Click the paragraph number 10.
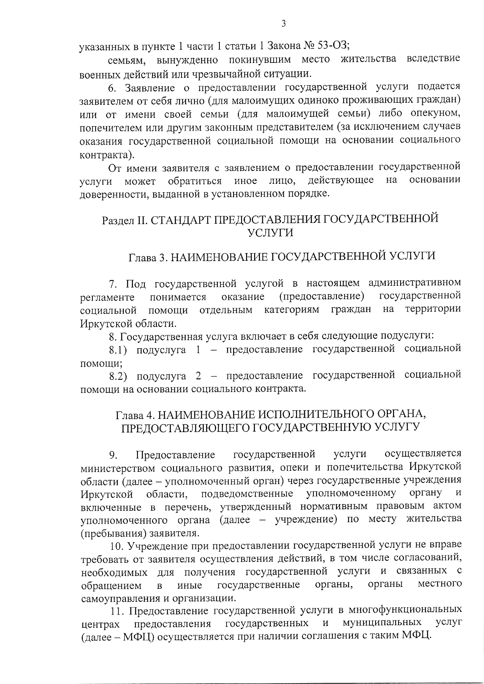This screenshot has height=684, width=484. pyautogui.click(x=117, y=546)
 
